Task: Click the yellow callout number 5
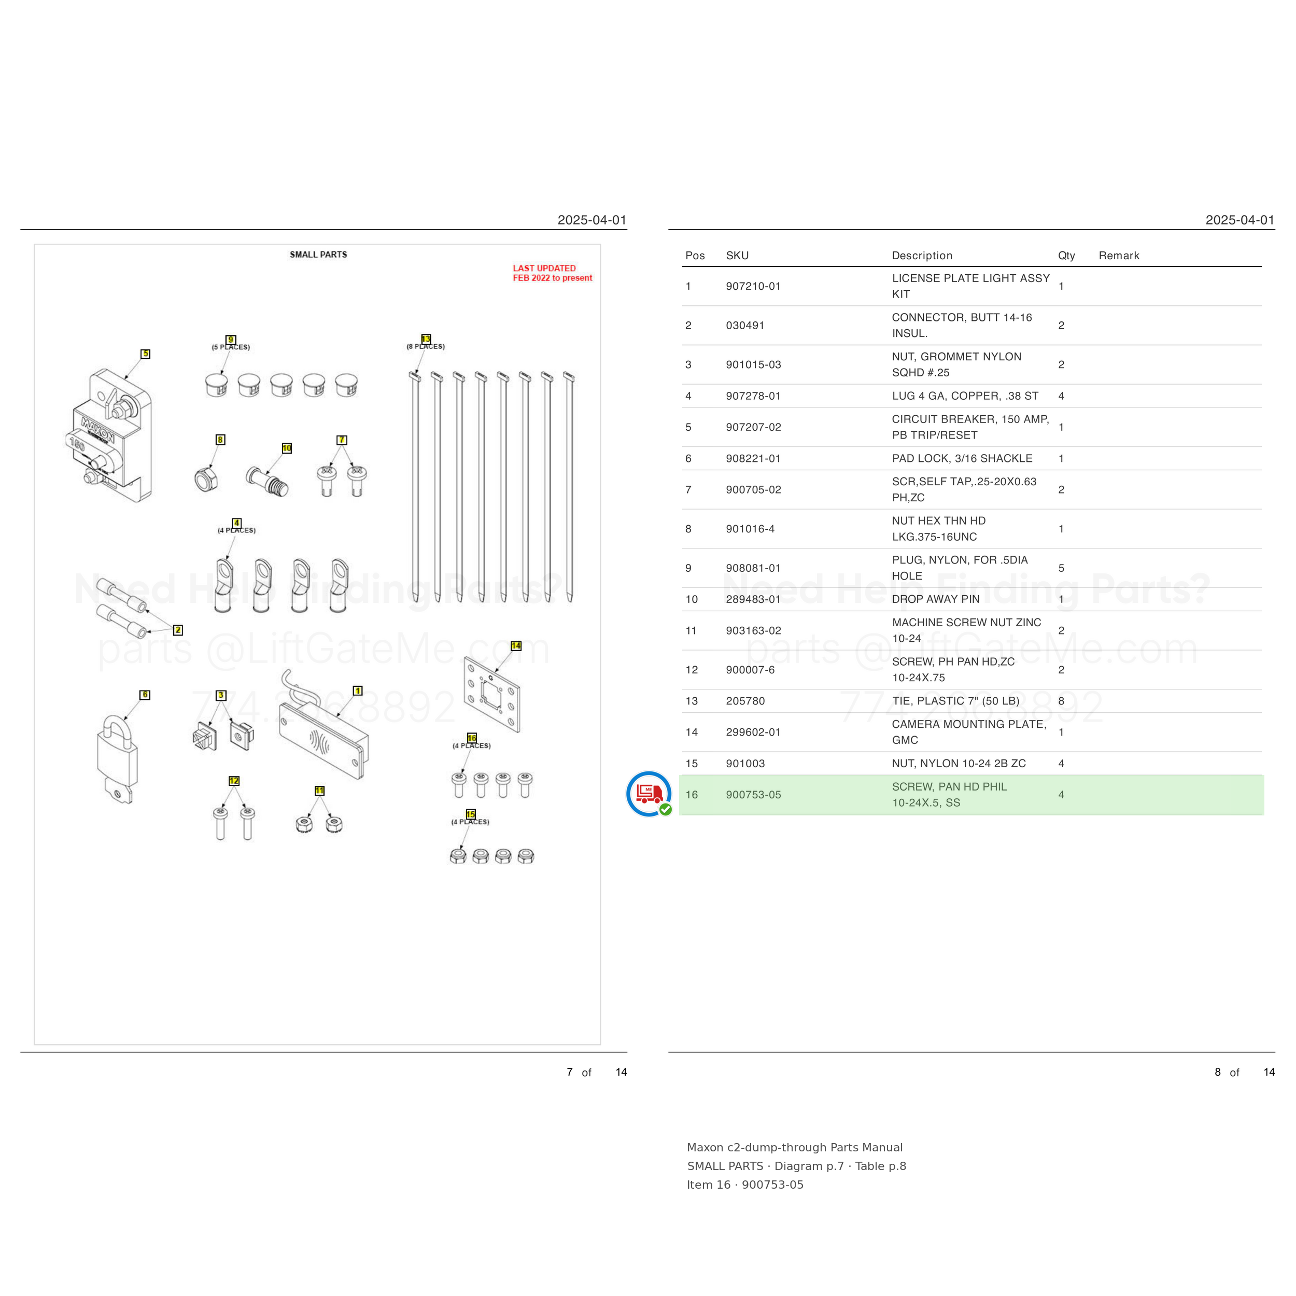pos(146,354)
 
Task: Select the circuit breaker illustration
pos(111,435)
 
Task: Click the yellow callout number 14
pos(516,646)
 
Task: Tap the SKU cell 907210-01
pos(753,287)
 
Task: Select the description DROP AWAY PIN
pos(936,599)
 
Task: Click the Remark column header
pos(1119,256)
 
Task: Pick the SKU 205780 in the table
pos(745,701)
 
